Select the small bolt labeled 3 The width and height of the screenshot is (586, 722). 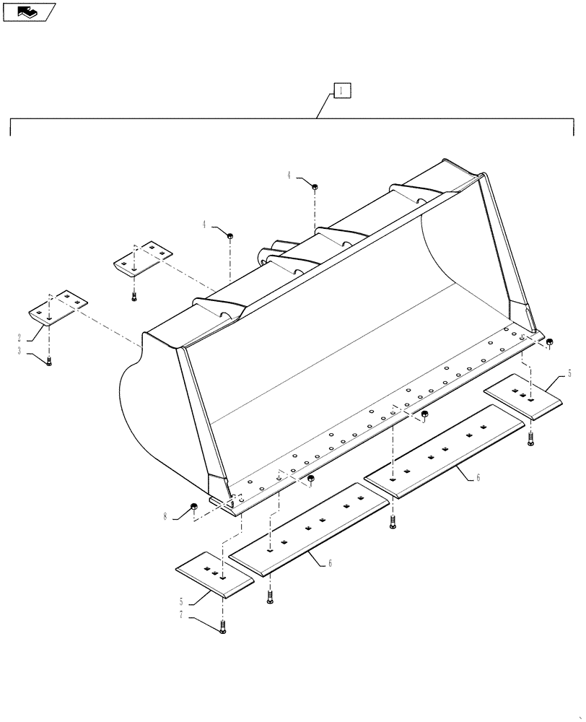[48, 360]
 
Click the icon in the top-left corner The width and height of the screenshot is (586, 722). [29, 12]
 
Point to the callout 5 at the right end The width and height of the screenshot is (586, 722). [569, 373]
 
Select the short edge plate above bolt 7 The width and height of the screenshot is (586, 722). [215, 573]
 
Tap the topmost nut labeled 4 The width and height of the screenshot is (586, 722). [315, 187]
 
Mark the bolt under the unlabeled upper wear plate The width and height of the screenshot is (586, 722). [134, 294]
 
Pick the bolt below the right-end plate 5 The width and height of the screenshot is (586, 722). [531, 437]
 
